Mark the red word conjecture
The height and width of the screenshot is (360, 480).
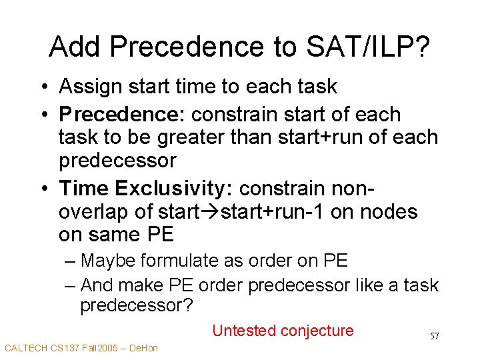[x=317, y=331]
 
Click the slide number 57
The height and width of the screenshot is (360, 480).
[x=434, y=336]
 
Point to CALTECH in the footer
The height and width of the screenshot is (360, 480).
[x=25, y=348]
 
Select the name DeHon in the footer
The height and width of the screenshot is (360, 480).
[x=143, y=348]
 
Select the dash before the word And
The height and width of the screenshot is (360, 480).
[x=71, y=285]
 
